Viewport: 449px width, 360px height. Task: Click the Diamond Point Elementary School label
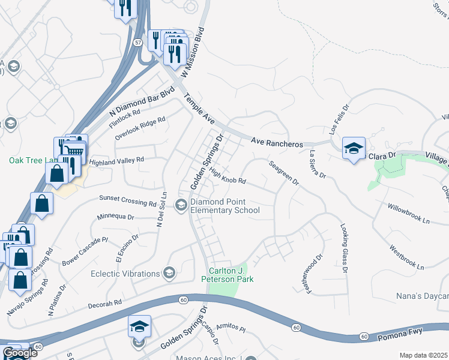pyautogui.click(x=225, y=206)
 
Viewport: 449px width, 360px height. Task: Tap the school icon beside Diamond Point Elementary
pyautogui.click(x=181, y=205)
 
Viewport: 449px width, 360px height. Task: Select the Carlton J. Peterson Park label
pyautogui.click(x=231, y=275)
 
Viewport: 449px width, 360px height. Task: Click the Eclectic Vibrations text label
pyautogui.click(x=125, y=274)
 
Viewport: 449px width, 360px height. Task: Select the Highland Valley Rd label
pyautogui.click(x=116, y=161)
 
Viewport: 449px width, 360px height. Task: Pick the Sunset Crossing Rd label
pyautogui.click(x=128, y=200)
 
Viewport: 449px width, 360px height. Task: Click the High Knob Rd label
pyautogui.click(x=228, y=175)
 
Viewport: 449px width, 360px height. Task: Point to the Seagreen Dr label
pyautogui.click(x=283, y=173)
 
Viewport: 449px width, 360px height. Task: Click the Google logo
pyautogui.click(x=20, y=353)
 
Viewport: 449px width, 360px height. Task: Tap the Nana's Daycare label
pyautogui.click(x=422, y=296)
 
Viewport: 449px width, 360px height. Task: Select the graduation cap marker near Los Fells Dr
pyautogui.click(x=354, y=148)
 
